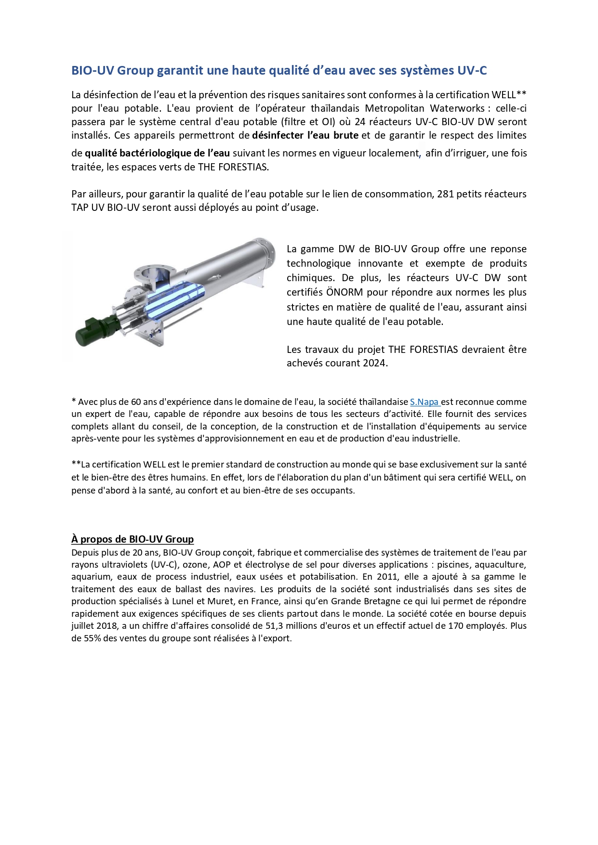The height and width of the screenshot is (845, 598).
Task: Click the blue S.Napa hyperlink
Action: [x=424, y=402]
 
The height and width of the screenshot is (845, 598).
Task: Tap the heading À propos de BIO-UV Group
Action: [x=133, y=539]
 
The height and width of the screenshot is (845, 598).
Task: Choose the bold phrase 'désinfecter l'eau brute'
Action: [x=305, y=135]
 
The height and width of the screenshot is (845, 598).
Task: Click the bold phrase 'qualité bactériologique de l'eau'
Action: [x=157, y=153]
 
